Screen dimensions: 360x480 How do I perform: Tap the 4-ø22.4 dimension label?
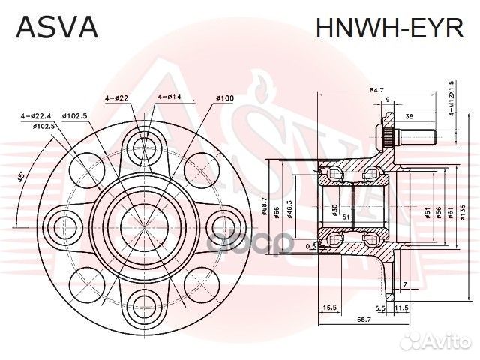pyautogui.click(x=36, y=116)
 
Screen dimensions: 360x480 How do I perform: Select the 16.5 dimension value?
pyautogui.click(x=328, y=307)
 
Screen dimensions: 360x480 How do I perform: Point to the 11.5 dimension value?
pyautogui.click(x=401, y=307)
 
